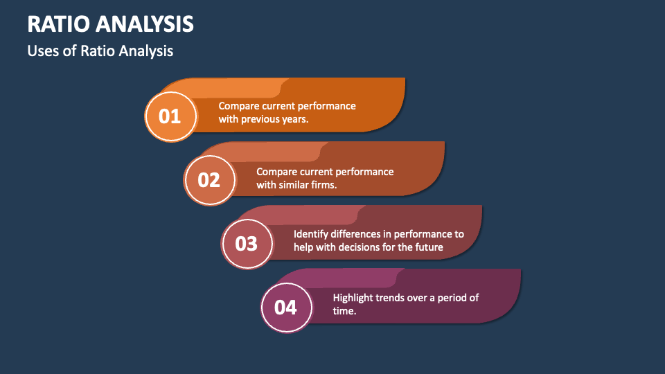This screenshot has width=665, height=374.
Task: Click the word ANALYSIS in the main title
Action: [x=145, y=24]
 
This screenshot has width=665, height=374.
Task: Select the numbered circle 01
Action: [x=170, y=116]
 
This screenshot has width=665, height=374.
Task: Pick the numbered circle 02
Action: [x=209, y=180]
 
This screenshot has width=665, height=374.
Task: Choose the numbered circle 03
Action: [x=247, y=243]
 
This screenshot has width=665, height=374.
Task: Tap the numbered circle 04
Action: [x=286, y=307]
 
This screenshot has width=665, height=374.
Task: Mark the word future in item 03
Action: [x=429, y=247]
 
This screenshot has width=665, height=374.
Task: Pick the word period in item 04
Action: [x=452, y=298]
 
